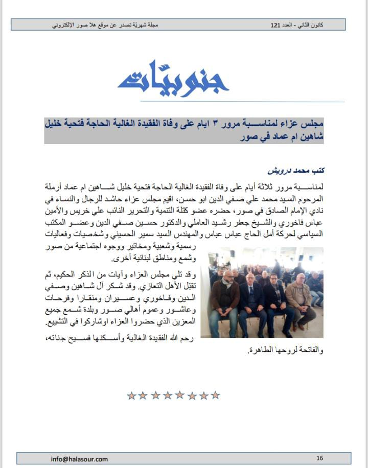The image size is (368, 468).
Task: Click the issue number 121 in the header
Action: [x=276, y=25]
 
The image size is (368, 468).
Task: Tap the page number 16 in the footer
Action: [x=320, y=458]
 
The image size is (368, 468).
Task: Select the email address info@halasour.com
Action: [x=79, y=459]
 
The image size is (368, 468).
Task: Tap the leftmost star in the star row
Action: [x=131, y=395]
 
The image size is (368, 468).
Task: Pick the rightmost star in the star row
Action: [x=216, y=395]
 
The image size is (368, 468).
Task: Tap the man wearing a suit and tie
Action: [x=252, y=301]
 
